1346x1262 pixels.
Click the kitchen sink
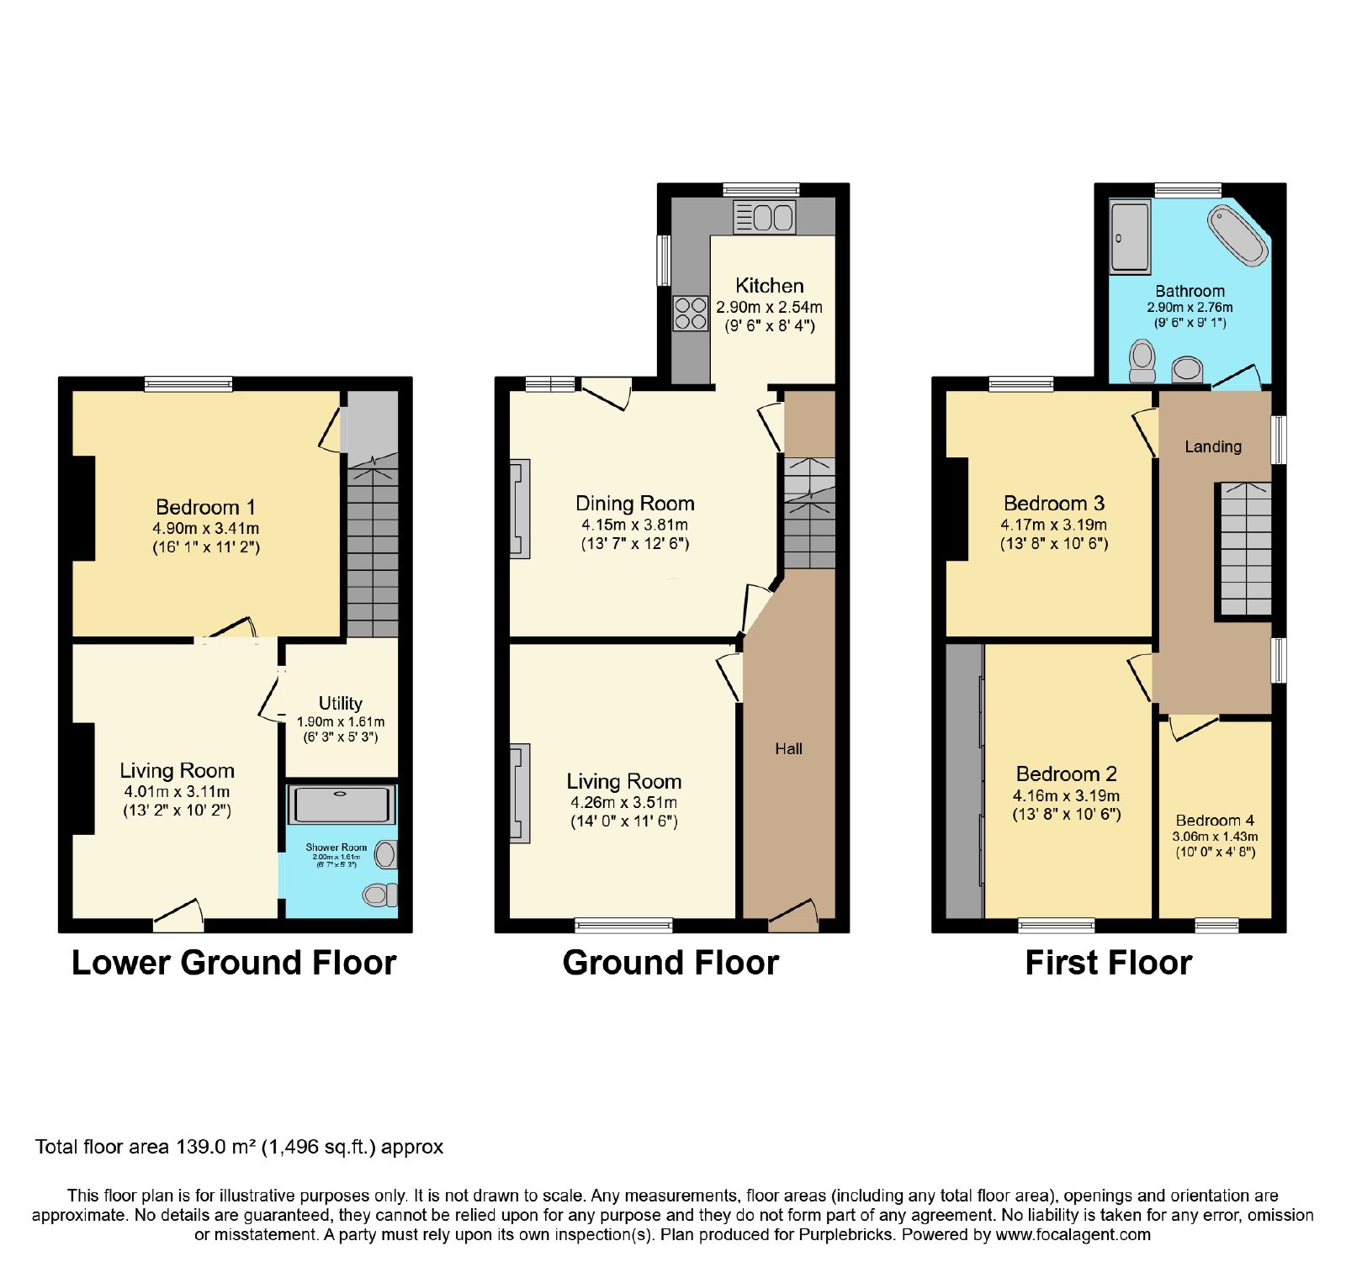click(764, 217)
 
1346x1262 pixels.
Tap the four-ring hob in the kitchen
click(691, 314)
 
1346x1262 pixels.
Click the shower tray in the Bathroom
click(1130, 236)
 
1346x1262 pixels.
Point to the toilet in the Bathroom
click(1142, 360)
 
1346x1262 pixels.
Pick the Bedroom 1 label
click(205, 507)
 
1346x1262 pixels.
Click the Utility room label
click(341, 703)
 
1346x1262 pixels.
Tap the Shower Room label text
click(336, 847)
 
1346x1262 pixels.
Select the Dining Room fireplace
click(520, 509)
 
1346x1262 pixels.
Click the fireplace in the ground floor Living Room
click(520, 793)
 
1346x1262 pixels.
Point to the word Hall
click(788, 749)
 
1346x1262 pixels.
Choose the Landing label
click(1213, 446)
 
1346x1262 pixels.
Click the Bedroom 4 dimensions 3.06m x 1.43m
click(1215, 837)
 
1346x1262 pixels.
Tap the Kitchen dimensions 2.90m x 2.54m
click(769, 308)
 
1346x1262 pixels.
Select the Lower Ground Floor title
click(234, 963)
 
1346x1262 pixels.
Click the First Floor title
click(1108, 963)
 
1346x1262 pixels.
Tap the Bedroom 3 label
click(1054, 504)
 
